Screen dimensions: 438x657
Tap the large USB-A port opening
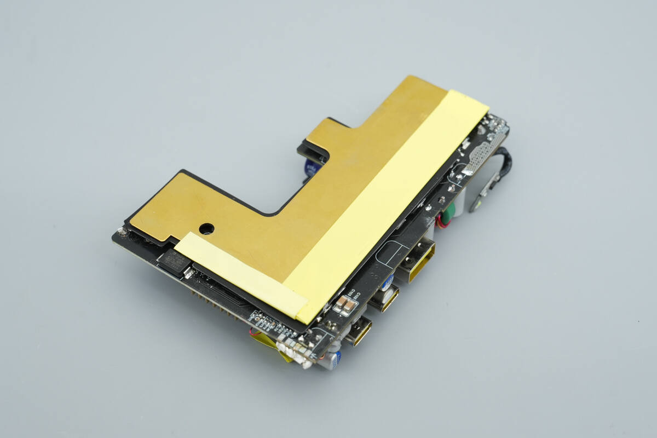[419, 262]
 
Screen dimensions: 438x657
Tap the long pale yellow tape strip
[383, 203]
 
